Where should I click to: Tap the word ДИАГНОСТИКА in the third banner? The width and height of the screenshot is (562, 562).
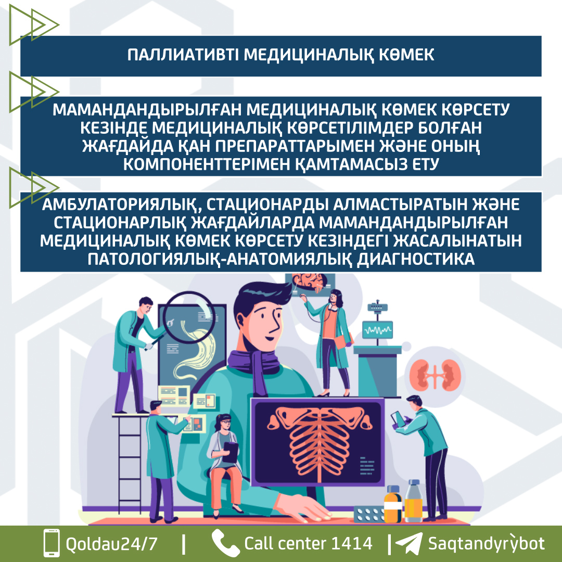(416, 259)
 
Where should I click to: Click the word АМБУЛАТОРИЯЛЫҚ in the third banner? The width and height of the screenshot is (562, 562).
(121, 205)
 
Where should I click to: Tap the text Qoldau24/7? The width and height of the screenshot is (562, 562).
(111, 544)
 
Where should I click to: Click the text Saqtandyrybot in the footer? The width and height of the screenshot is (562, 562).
(487, 543)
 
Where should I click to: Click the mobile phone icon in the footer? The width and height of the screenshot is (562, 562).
(52, 542)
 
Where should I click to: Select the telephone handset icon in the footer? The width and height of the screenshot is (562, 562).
(225, 543)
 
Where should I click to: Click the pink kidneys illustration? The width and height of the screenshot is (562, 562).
(435, 375)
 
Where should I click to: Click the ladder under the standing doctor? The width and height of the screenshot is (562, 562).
(130, 463)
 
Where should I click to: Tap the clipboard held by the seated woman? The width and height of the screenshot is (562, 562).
(230, 452)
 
